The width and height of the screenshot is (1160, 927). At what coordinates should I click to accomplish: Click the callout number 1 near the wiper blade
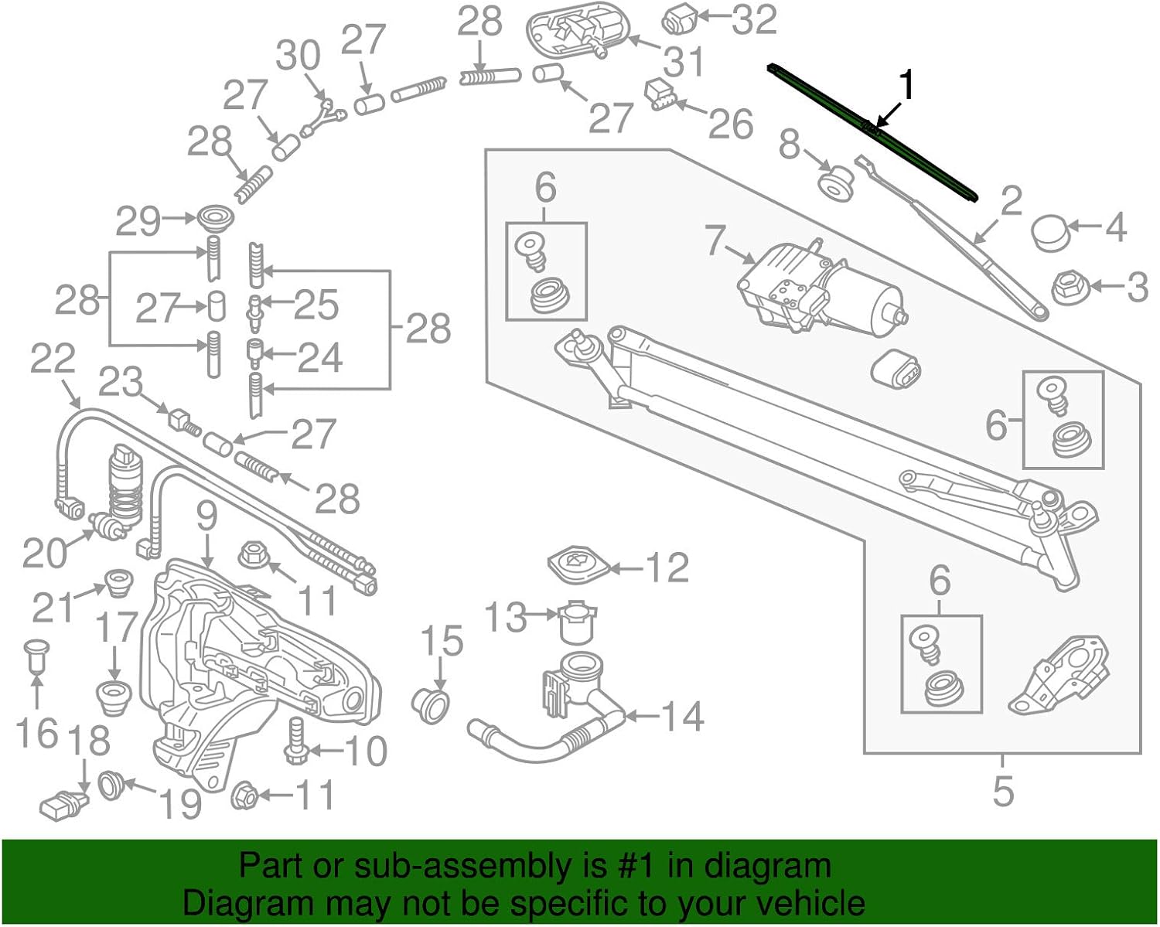coord(906,86)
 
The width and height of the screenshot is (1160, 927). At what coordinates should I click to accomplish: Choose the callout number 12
coord(667,568)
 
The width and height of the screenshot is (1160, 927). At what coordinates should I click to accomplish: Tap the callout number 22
coord(53,359)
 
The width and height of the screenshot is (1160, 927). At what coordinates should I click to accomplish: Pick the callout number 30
coord(299,56)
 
